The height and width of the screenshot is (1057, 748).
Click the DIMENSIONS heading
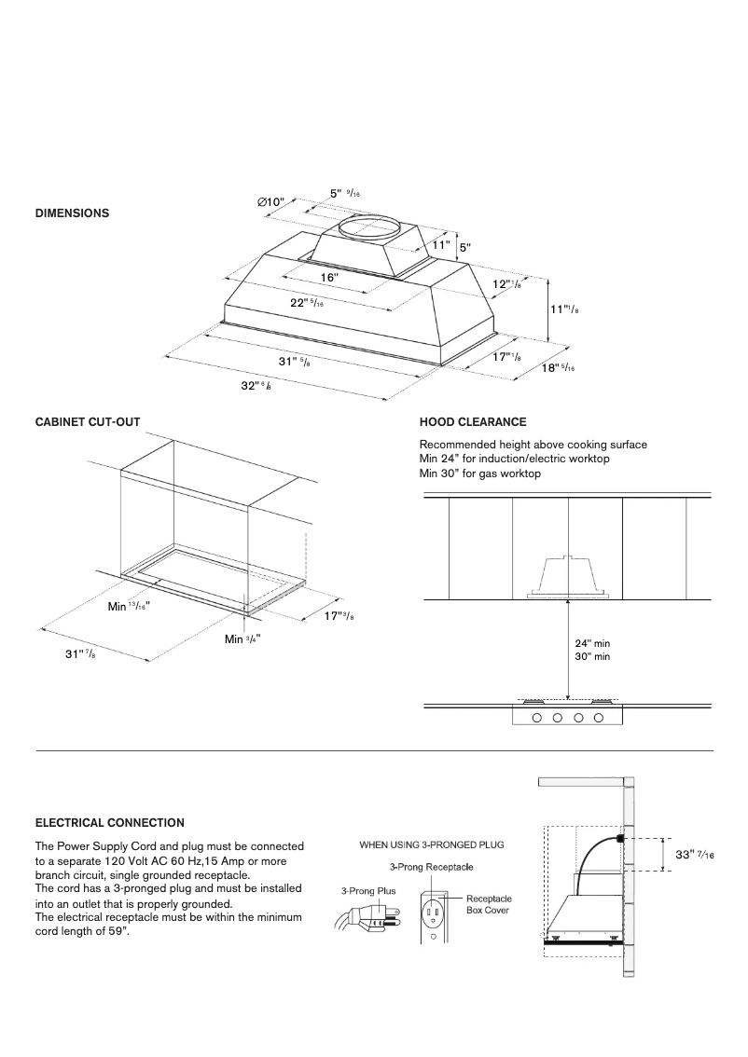[x=72, y=213]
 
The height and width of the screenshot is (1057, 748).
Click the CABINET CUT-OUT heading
[x=88, y=422]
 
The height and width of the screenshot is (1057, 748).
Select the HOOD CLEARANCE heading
[x=473, y=422]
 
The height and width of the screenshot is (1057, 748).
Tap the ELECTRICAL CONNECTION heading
[x=109, y=823]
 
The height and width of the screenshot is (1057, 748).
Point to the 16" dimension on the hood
[x=328, y=278]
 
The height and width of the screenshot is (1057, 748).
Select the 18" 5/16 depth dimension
[x=558, y=368]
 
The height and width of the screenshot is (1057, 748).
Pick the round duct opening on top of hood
[x=371, y=226]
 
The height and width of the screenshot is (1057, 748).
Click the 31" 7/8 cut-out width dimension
[x=79, y=654]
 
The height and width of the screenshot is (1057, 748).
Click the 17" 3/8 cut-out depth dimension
[x=339, y=616]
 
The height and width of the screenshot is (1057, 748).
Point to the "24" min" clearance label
[x=591, y=643]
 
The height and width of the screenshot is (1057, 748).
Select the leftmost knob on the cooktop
[x=537, y=718]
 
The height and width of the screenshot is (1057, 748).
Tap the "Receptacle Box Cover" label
[x=488, y=904]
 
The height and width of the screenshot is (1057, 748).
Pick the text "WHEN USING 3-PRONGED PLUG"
[x=432, y=844]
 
